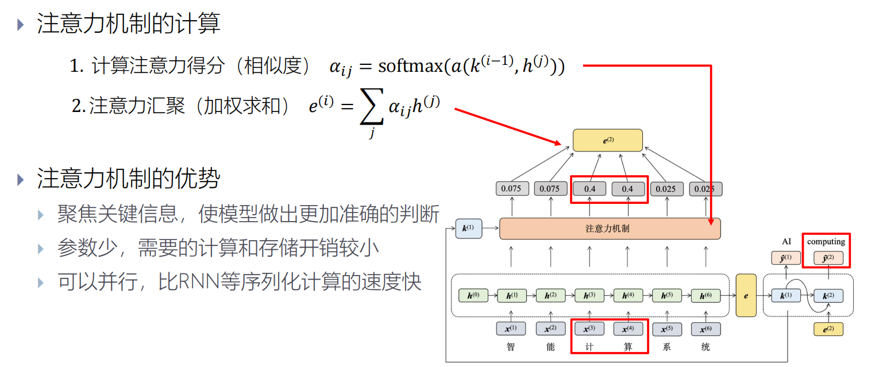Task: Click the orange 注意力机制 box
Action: tap(610, 229)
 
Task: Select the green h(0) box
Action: tap(473, 296)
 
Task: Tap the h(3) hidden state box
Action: tap(589, 296)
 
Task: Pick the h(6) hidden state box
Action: tap(705, 296)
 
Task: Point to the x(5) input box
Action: tap(666, 329)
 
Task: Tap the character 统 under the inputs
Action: tap(705, 347)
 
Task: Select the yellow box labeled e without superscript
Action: tap(746, 296)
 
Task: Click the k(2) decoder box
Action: tap(828, 296)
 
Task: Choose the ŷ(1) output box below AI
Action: tap(786, 258)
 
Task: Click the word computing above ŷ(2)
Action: tap(826, 242)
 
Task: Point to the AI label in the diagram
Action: tap(786, 242)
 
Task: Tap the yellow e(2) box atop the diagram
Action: tap(608, 140)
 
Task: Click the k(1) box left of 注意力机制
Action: tap(468, 229)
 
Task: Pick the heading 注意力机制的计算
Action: tap(129, 24)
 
